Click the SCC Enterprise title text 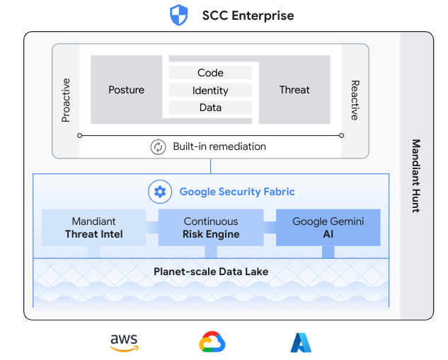click(248, 16)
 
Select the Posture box click(126, 90)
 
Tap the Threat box click(294, 90)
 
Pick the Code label click(210, 73)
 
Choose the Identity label click(210, 91)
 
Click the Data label click(210, 108)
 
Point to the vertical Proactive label click(66, 100)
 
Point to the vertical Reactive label click(355, 100)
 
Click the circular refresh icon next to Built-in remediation click(157, 147)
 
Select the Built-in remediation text click(219, 147)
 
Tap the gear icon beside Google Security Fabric click(159, 192)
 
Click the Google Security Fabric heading click(237, 192)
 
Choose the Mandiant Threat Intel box click(93, 228)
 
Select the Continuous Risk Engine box click(211, 228)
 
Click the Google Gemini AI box click(328, 228)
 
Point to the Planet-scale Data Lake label click(210, 272)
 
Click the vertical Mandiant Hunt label click(416, 175)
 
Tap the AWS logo click(125, 342)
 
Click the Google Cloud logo click(212, 342)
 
